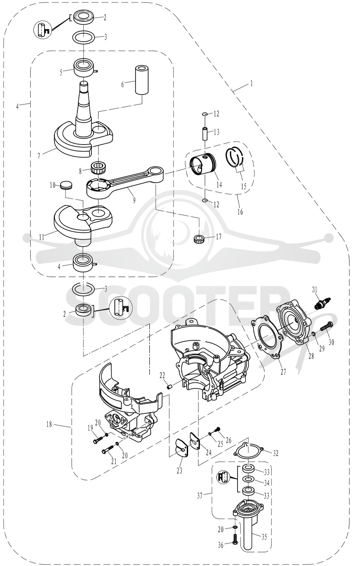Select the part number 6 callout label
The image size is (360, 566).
click(x=123, y=84)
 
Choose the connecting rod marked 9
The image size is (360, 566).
click(x=126, y=181)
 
